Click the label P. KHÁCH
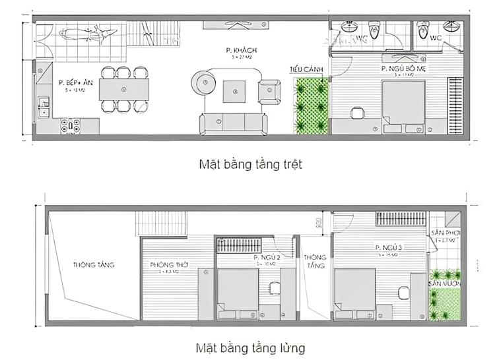pyautogui.click(x=240, y=51)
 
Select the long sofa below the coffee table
pyautogui.click(x=234, y=123)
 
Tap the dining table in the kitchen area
pyautogui.click(x=123, y=88)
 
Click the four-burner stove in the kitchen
pyautogui.click(x=71, y=123)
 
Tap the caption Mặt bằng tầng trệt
pyautogui.click(x=250, y=164)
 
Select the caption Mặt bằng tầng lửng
pyautogui.click(x=250, y=347)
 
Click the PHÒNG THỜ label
pyautogui.click(x=170, y=264)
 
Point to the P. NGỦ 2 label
pyautogui.click(x=267, y=258)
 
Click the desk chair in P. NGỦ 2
pyautogui.click(x=274, y=287)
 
